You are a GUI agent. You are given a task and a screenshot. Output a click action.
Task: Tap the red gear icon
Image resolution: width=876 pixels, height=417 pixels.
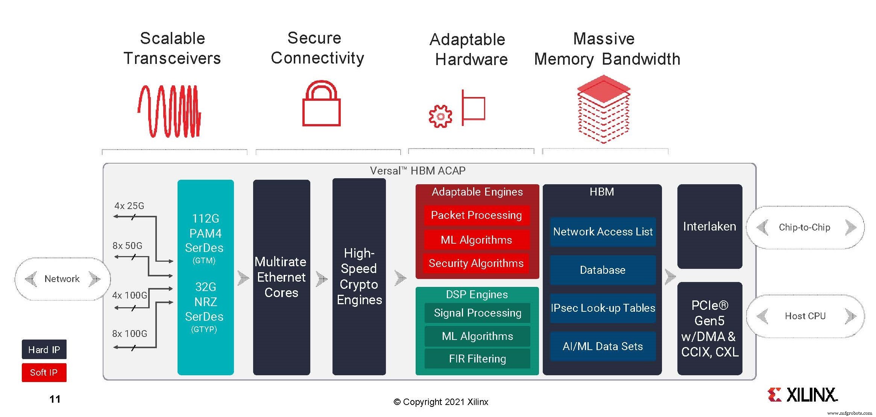click(x=440, y=116)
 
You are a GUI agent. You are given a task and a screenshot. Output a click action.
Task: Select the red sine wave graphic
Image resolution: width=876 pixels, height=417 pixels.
click(x=170, y=111)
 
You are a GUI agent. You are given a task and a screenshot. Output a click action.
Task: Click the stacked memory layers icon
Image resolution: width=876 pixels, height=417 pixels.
click(x=603, y=109)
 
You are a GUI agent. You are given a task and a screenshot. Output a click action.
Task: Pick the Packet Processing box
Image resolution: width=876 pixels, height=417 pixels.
click(x=476, y=215)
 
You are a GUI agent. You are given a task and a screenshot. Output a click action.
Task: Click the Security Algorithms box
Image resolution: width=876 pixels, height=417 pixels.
click(x=476, y=263)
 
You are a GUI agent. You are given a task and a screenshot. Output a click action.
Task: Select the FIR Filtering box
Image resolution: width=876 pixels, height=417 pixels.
click(x=477, y=359)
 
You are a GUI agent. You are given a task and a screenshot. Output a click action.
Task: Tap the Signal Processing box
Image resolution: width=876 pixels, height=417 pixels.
click(x=477, y=313)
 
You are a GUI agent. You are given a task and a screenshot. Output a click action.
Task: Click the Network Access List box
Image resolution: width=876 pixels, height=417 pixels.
click(x=603, y=232)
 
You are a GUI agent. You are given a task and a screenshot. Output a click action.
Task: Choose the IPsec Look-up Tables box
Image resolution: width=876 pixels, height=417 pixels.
click(x=603, y=308)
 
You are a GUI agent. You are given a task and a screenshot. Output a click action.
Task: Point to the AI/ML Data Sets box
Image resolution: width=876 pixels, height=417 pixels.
click(x=603, y=346)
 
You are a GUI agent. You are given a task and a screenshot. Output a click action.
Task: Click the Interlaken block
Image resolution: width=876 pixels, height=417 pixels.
click(x=709, y=226)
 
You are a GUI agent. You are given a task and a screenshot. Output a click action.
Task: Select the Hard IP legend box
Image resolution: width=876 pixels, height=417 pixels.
click(x=44, y=350)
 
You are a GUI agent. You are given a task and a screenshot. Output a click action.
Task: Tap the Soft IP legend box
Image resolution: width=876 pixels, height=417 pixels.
click(x=44, y=372)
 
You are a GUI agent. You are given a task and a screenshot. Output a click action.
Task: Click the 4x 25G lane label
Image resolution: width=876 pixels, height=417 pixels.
click(x=129, y=206)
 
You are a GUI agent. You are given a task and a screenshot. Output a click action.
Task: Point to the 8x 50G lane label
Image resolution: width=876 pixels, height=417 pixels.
click(x=127, y=246)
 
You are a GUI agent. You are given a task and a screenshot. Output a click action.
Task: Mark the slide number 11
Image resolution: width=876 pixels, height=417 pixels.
click(x=55, y=399)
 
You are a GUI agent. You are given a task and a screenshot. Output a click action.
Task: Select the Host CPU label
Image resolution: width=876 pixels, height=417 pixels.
click(x=805, y=316)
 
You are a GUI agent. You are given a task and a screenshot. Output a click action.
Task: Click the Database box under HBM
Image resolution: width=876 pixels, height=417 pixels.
click(x=603, y=270)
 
